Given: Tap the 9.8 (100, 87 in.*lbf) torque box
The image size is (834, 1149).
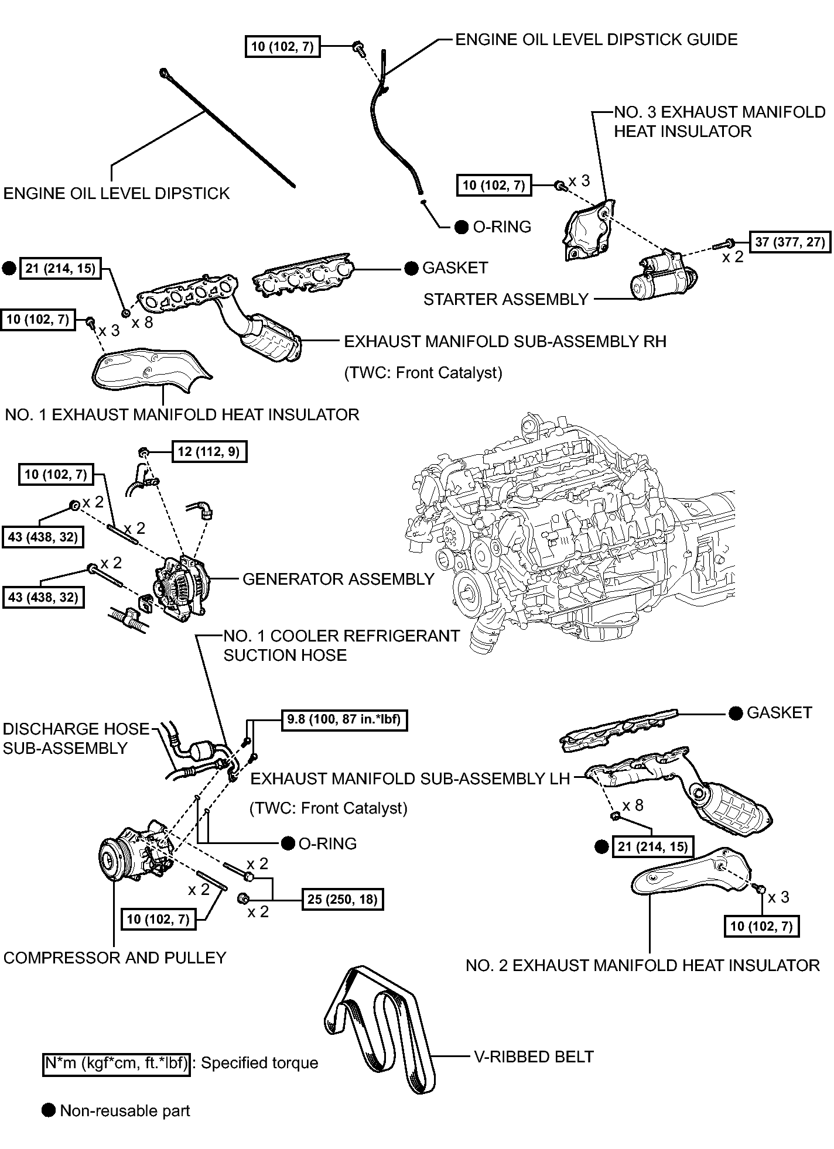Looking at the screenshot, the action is point(344,719).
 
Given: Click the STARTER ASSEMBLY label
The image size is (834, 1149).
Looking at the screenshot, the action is point(505,300).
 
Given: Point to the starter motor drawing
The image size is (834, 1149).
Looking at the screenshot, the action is point(664,276).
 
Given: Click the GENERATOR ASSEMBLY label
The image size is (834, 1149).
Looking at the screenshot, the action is point(339,579).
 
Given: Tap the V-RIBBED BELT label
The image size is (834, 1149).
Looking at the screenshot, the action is point(533,1057).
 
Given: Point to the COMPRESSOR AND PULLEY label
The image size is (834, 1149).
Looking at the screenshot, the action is point(115,958).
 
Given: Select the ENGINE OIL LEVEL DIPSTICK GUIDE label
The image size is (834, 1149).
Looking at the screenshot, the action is point(596,40).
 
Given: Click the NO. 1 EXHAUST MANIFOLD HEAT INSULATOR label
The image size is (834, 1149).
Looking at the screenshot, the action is point(182,414).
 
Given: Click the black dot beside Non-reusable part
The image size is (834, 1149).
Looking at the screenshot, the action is point(49,1110).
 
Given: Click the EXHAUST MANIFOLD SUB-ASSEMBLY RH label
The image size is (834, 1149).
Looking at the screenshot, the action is point(505,341).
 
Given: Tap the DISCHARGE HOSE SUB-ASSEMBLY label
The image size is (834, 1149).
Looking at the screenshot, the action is point(76,738).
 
